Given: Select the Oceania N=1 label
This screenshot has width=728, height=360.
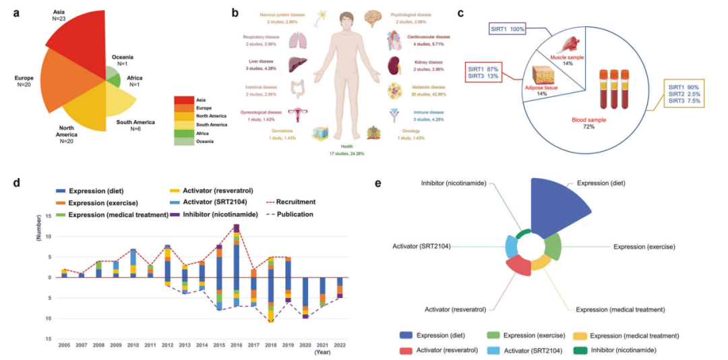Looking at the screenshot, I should (121, 61).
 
